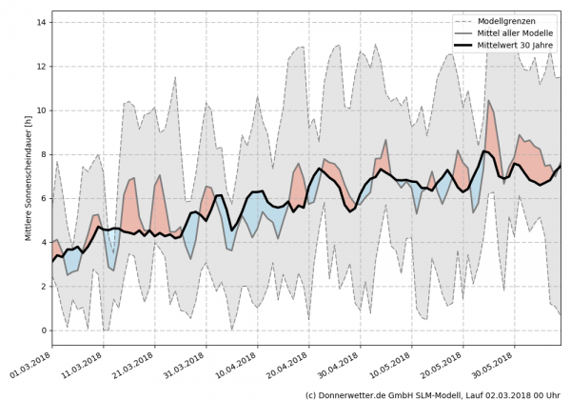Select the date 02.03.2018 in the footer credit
click(x=513, y=393)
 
